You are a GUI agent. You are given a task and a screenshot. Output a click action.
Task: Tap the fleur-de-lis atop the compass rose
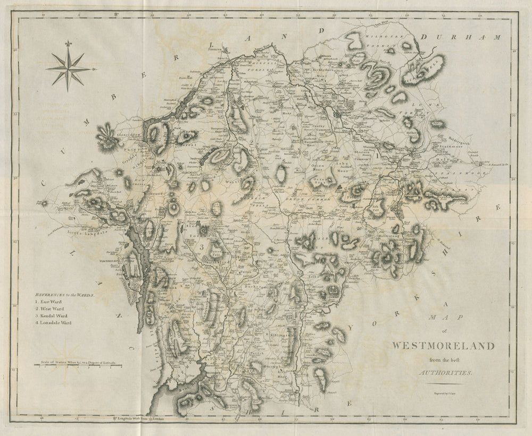coord(68,44)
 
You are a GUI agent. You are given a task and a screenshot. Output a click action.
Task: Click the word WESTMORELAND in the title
coord(443,346)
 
